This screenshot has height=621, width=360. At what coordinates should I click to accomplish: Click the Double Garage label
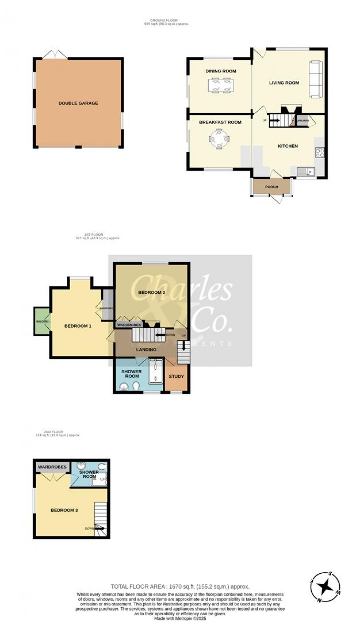point(78,103)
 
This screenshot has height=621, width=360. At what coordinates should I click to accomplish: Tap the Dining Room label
point(221,71)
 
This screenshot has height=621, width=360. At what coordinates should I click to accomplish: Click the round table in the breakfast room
point(219,139)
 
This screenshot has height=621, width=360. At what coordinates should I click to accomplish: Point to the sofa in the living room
point(315,79)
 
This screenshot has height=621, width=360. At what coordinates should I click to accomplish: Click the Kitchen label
point(288,146)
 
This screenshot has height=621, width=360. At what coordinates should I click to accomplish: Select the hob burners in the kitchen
point(320,153)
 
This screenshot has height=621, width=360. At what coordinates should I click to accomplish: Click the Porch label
point(271,187)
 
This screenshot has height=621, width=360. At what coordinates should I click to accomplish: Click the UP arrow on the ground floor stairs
point(274,120)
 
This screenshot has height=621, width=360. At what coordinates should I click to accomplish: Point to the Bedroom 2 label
point(151,292)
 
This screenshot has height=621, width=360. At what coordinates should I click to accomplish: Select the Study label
point(176,376)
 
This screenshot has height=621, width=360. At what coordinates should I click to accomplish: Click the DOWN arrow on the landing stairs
point(161,335)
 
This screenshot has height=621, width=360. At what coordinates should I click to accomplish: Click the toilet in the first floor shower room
point(136,388)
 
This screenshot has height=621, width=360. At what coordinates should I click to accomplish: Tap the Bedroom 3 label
point(64,510)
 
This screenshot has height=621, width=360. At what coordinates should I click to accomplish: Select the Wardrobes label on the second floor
point(52,467)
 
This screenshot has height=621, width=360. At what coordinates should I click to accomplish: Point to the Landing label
point(146,350)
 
